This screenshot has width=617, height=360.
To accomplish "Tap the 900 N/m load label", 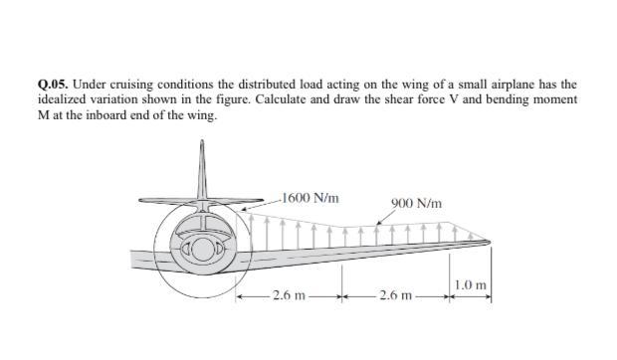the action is click(416, 205).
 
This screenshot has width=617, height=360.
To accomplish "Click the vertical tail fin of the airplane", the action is click(202, 164).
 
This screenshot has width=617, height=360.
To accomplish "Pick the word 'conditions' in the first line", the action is click(189, 86).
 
